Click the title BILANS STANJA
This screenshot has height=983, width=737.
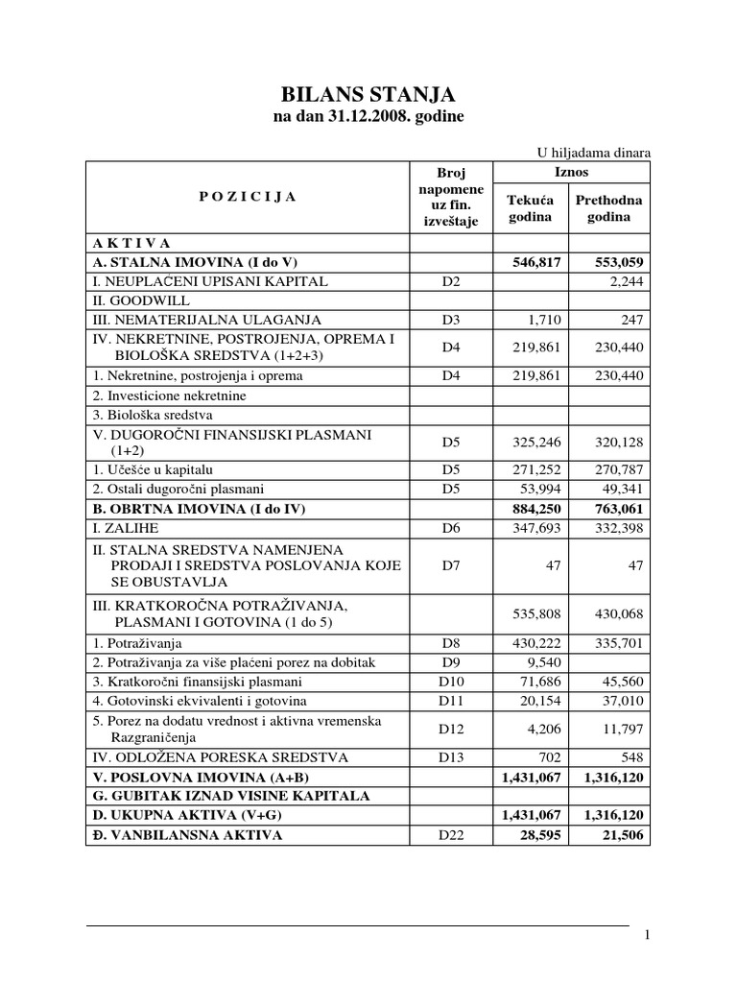coord(368,94)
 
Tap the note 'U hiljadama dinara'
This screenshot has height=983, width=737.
coord(593,152)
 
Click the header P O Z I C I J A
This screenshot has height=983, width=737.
coord(249,196)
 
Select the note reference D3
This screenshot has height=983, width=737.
coord(450,319)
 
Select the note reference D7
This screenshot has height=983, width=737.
coord(450,565)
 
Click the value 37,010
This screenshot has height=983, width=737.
coord(623,701)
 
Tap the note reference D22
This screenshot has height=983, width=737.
coord(450,835)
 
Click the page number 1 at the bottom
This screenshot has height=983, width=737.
coord(648,936)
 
